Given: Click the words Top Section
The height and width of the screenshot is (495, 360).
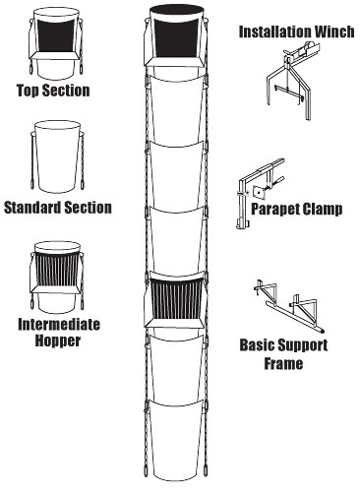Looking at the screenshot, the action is click(x=53, y=91).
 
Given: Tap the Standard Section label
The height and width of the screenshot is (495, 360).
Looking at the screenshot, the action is click(x=58, y=208).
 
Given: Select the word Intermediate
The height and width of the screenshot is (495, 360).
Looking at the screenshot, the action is click(x=59, y=325).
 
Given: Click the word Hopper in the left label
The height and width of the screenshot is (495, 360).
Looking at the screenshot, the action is click(x=58, y=340).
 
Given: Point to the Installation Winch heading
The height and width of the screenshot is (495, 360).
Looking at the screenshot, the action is click(x=297, y=31).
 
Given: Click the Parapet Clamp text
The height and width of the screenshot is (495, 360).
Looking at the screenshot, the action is click(x=297, y=209).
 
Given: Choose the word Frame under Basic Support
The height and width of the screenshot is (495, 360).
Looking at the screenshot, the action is click(x=283, y=363).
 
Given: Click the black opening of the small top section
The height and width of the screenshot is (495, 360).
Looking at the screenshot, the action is click(x=56, y=35).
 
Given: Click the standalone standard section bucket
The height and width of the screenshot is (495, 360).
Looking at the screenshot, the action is click(x=58, y=156).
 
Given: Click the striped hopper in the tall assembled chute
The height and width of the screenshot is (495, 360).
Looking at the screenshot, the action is click(x=175, y=300).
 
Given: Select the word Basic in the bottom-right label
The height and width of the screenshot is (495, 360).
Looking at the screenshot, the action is click(x=257, y=345).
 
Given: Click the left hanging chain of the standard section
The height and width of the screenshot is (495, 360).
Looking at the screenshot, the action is click(x=32, y=160).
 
